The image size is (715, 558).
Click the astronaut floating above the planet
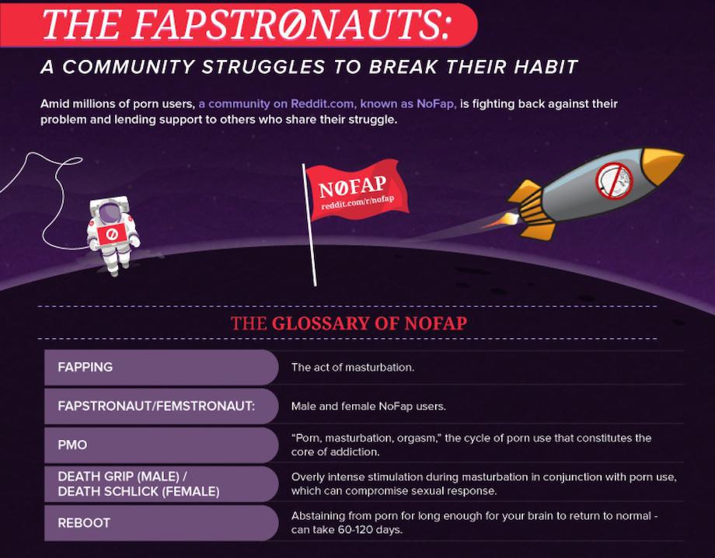coord(113,235)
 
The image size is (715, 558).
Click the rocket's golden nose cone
coord(661,164)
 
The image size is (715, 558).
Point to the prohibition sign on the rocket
coord(614,181)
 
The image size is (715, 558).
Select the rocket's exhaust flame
coord(500,221)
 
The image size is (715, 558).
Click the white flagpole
coord(309,225)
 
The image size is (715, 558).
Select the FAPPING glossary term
coord(85,367)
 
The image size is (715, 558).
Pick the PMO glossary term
coord(72,445)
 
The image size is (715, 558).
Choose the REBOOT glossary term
coord(84,523)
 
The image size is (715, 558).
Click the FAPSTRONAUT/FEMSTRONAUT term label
coord(156,406)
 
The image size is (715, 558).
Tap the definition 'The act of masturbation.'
coord(353,368)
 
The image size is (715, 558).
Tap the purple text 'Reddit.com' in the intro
coord(322,104)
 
